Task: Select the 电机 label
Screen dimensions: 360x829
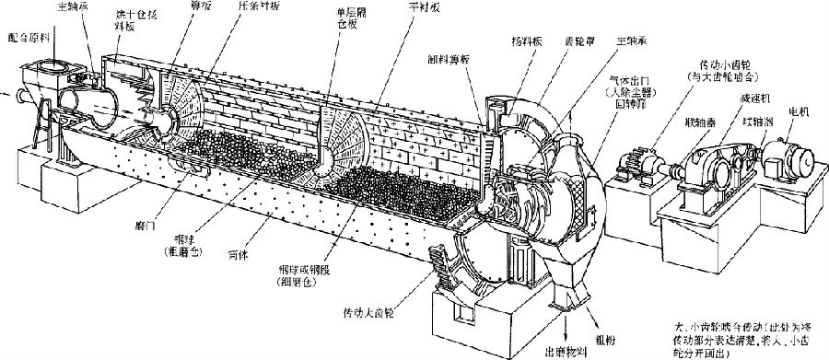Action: pos(798,111)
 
